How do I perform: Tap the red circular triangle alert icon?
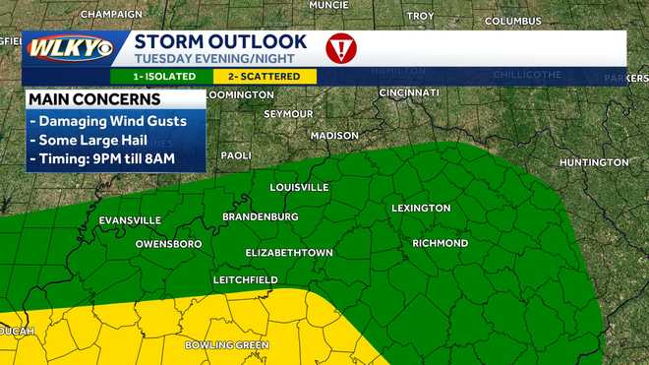(x=341, y=48)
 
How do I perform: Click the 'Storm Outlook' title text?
(x=220, y=41)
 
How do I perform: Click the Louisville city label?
(x=300, y=187)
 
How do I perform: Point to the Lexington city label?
(x=421, y=208)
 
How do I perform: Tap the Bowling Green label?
(x=227, y=345)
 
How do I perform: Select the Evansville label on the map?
(x=130, y=219)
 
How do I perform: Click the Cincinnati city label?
(x=408, y=92)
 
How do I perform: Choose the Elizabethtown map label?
(x=289, y=253)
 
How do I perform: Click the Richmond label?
(x=440, y=243)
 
